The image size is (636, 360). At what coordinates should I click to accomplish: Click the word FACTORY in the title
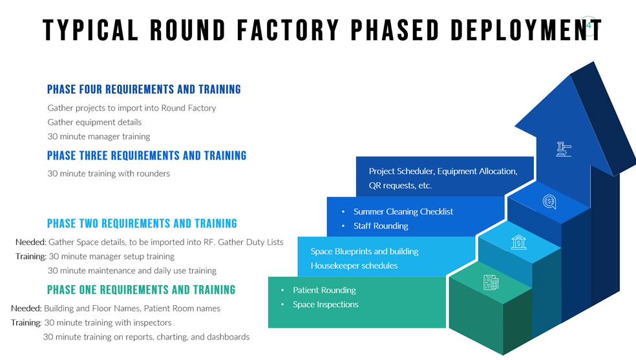(288, 30)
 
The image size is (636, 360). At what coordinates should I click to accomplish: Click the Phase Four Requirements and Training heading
(144, 89)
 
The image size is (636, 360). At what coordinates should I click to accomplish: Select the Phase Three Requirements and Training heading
(147, 155)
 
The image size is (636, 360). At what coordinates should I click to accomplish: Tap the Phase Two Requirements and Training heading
(142, 224)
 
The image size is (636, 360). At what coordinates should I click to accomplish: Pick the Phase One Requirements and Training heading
(141, 290)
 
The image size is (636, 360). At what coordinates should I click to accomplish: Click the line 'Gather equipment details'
(94, 122)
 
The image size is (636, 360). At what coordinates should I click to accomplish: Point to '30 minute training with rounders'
(109, 173)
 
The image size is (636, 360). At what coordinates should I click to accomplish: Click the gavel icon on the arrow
(564, 149)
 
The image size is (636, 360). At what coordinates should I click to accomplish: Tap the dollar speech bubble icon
(549, 202)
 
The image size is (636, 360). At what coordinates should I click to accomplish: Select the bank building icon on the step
(518, 242)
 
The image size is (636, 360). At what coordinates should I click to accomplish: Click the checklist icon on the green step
(491, 282)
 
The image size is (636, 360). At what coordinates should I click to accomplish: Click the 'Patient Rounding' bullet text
(324, 290)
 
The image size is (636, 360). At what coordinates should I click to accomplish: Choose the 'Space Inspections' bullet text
(326, 304)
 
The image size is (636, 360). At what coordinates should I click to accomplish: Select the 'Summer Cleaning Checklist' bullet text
(403, 211)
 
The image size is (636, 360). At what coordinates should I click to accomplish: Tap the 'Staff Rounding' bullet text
(381, 226)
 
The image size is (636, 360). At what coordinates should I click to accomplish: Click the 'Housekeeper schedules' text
(354, 266)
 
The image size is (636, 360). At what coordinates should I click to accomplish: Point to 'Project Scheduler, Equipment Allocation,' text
(443, 171)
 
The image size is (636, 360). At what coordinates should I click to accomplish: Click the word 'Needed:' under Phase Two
(31, 242)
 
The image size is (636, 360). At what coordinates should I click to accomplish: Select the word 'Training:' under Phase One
(26, 323)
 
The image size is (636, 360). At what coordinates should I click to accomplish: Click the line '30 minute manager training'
(98, 136)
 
